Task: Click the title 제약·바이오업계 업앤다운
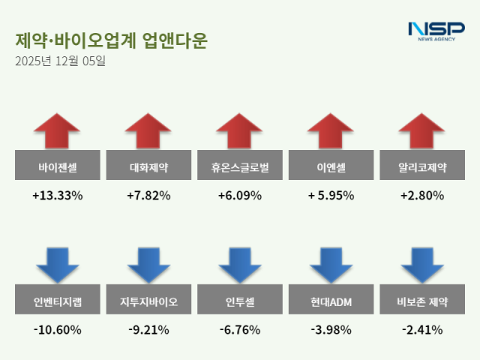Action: click(x=110, y=40)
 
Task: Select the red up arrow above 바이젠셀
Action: click(x=57, y=131)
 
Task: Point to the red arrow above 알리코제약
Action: click(x=422, y=131)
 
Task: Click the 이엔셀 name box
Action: click(x=331, y=166)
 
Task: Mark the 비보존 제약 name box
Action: click(x=422, y=302)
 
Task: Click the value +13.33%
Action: click(x=57, y=196)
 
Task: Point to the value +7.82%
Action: click(x=148, y=196)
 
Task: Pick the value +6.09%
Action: click(x=240, y=196)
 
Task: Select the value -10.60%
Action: click(x=57, y=329)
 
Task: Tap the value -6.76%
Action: click(x=240, y=329)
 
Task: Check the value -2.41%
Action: click(x=422, y=329)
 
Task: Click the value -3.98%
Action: click(x=331, y=329)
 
